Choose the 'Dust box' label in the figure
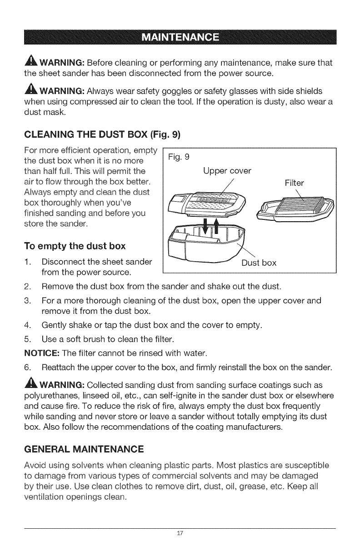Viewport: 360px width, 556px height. (x=258, y=263)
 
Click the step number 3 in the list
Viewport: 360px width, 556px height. (x=26, y=301)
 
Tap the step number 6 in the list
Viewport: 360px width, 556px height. (x=26, y=354)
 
